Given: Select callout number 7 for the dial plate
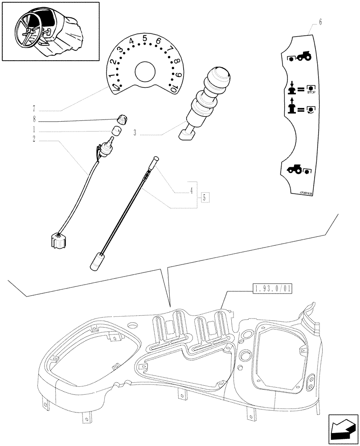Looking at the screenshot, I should tap(34, 108).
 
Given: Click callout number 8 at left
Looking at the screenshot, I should tap(34, 120).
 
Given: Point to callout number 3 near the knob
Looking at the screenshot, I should tap(134, 132).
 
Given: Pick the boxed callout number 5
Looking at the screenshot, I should tap(205, 198).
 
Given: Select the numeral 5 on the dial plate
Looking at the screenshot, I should tap(144, 39).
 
